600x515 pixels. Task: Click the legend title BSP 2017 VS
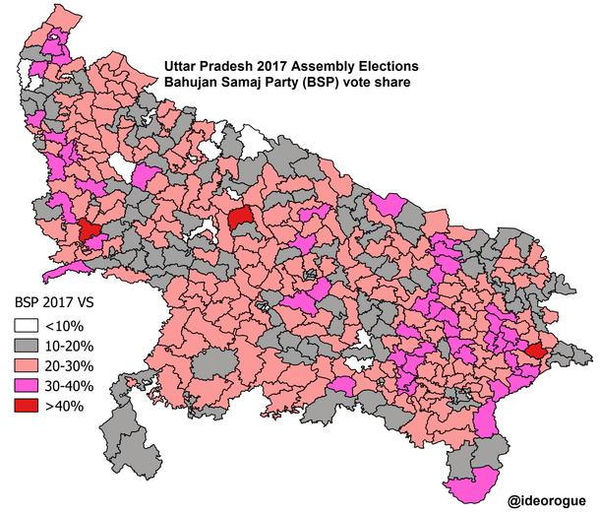54,302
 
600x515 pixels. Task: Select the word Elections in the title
391,67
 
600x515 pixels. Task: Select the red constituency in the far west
90,231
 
